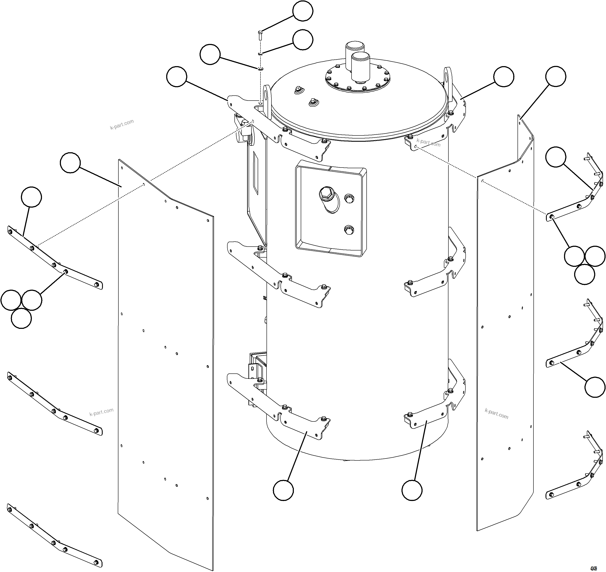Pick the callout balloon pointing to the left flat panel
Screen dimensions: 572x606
70,163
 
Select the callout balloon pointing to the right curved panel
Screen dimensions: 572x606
556,76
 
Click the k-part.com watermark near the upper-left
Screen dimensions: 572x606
122,124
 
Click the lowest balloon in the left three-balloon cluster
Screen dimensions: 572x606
21,318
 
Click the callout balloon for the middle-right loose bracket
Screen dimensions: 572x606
595,387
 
